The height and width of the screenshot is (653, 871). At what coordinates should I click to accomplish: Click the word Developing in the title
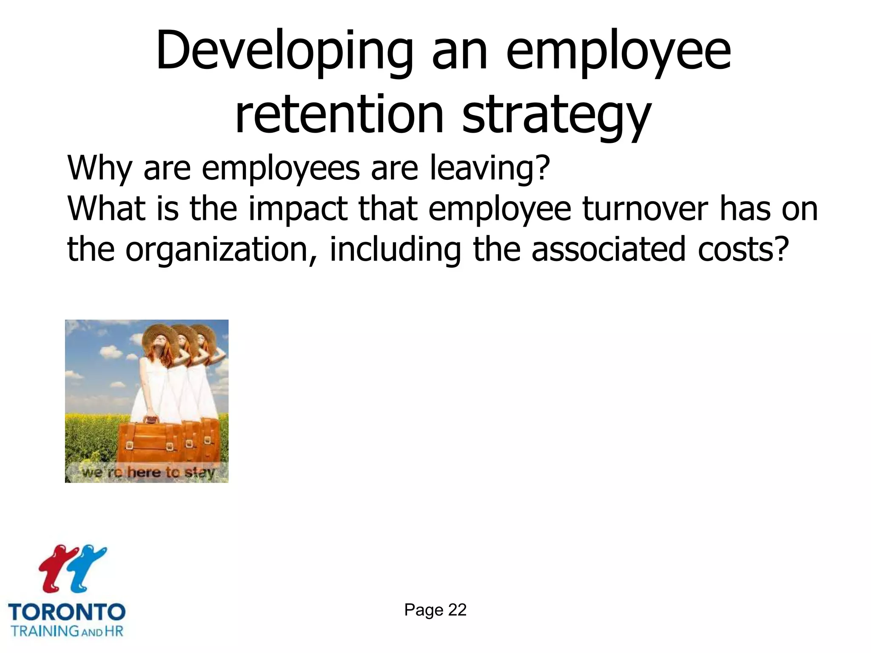tap(284, 51)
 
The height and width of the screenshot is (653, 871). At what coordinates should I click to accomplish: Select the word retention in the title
tap(339, 115)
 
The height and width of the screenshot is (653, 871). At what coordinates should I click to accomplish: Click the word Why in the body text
tap(100, 168)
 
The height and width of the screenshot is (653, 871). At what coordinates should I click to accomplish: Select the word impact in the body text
tap(298, 209)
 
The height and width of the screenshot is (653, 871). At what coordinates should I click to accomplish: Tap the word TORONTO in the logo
tap(67, 612)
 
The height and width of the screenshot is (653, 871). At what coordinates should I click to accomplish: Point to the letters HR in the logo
tap(114, 630)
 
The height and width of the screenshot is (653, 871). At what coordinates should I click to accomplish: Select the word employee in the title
tap(619, 51)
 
